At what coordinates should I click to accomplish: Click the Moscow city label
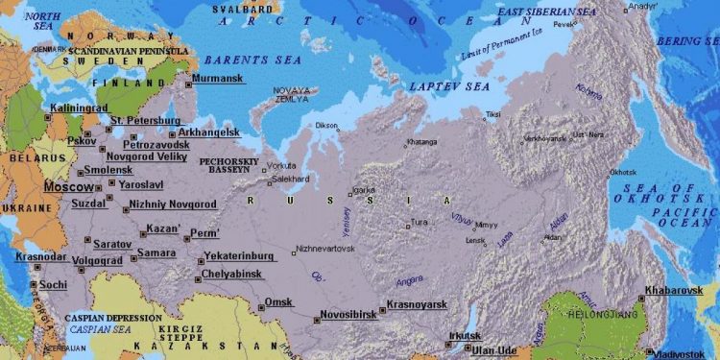point(69,187)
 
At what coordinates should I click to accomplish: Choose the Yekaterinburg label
point(240,257)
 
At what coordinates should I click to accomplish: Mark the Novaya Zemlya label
point(293,94)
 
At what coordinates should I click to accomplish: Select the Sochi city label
point(54,285)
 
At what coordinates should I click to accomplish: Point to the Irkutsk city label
point(465,336)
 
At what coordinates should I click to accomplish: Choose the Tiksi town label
point(492,115)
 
